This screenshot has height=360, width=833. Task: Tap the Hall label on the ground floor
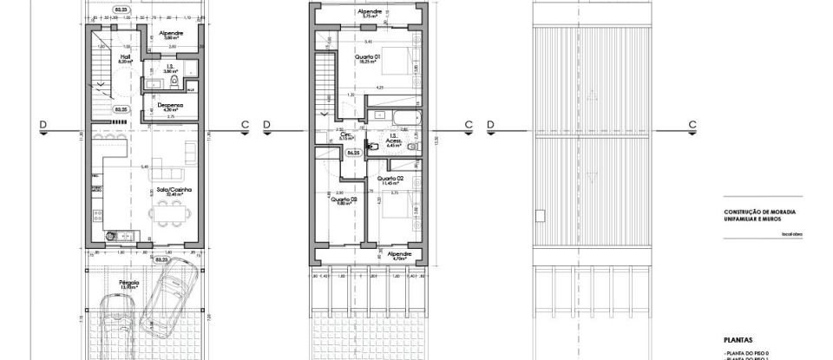coord(125,57)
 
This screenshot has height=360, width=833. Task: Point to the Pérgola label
coord(129,281)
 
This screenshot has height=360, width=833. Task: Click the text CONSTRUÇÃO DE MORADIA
coord(760,212)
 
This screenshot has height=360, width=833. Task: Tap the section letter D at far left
coord(43,124)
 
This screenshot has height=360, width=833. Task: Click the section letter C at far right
coord(692,124)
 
